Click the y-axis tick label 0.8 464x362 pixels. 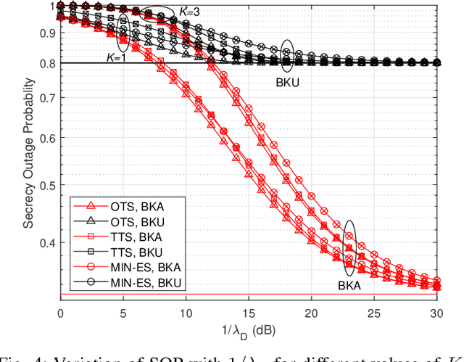[46, 63]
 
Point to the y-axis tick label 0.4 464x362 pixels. [46, 243]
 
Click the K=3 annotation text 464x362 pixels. [187, 12]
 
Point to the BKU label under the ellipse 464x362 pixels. [287, 83]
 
